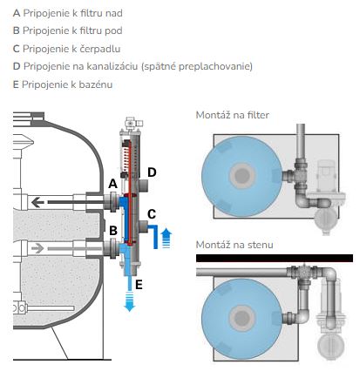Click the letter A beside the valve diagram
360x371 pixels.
click(x=112, y=184)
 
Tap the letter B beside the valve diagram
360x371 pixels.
click(x=113, y=231)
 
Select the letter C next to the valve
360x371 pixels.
click(x=152, y=214)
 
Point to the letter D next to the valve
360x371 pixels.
click(x=152, y=172)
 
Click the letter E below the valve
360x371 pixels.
click(x=139, y=285)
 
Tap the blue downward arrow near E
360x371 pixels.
click(x=129, y=302)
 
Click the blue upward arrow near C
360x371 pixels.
click(x=166, y=239)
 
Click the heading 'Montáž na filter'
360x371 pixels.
click(x=233, y=115)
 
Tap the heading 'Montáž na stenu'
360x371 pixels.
click(x=234, y=245)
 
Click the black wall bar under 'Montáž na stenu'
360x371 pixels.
click(x=275, y=258)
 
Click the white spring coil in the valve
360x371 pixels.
click(x=126, y=159)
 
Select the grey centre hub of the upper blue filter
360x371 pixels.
click(x=242, y=175)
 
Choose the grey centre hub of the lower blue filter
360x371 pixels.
click(x=242, y=318)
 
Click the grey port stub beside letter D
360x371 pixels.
click(x=144, y=185)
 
